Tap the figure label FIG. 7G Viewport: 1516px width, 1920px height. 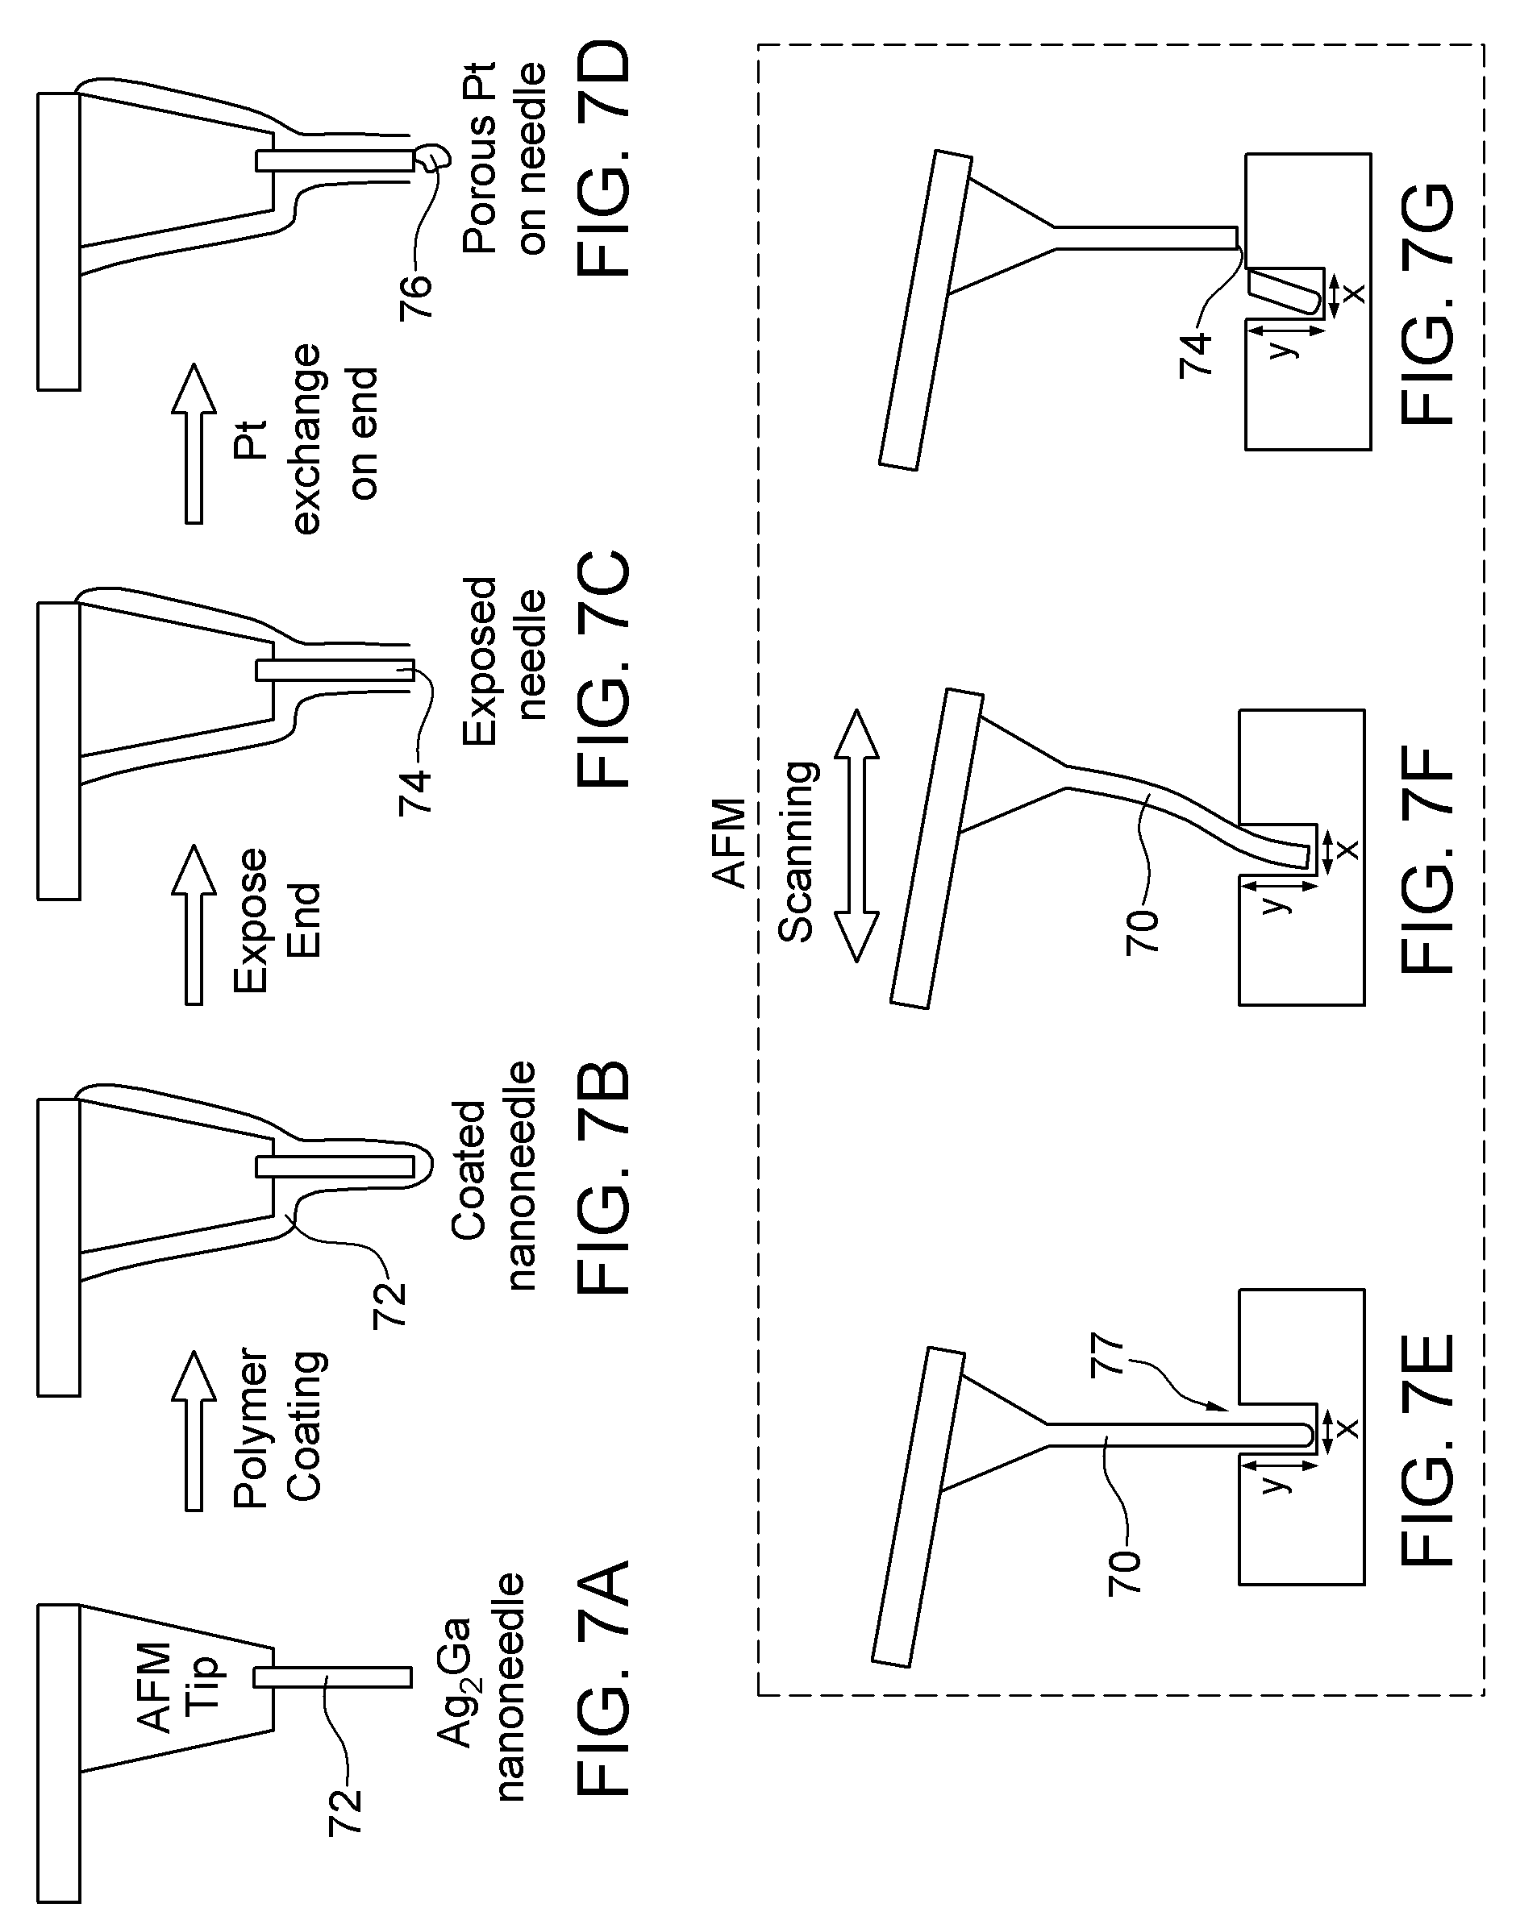coord(1429,303)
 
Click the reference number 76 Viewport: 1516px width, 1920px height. coord(415,296)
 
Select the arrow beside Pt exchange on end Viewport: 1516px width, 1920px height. coord(194,443)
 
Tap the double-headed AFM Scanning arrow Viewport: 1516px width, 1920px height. coord(856,835)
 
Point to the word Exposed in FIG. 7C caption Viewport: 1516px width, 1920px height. coord(479,662)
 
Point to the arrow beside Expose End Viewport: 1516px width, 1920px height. coord(194,924)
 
